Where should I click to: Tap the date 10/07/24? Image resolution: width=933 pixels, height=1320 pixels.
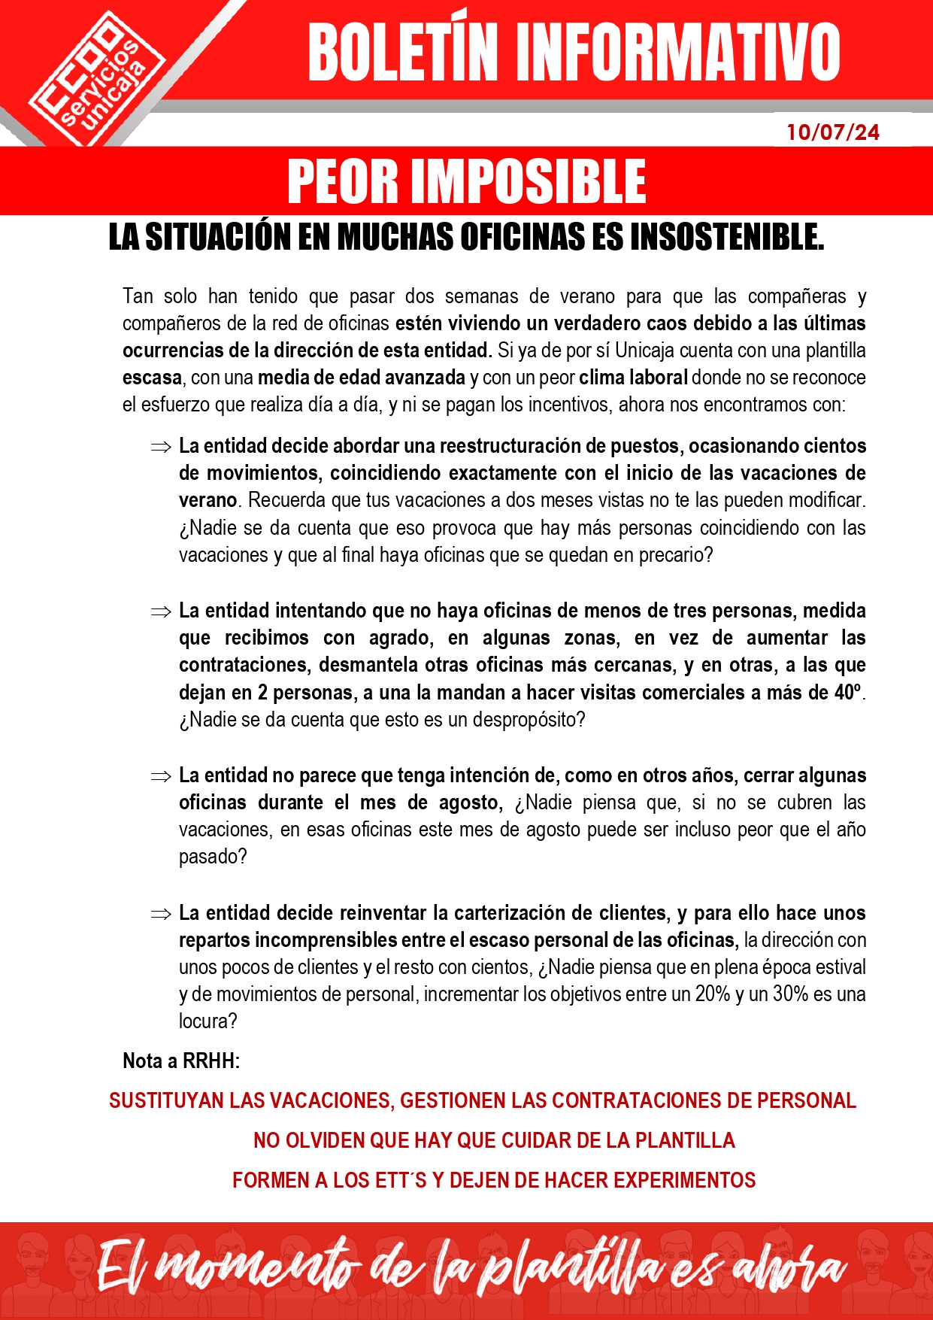pyautogui.click(x=833, y=132)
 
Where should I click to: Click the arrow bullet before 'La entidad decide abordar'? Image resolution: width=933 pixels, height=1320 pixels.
pyautogui.click(x=161, y=448)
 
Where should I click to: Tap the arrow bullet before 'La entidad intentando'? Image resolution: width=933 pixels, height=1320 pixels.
pyautogui.click(x=161, y=612)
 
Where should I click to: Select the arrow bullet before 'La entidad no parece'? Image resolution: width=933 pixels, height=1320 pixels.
pyautogui.click(x=161, y=777)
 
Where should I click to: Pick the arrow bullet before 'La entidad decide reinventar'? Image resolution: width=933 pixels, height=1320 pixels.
pyautogui.click(x=161, y=915)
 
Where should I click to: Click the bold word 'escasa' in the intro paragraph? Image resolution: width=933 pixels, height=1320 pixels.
pyautogui.click(x=152, y=378)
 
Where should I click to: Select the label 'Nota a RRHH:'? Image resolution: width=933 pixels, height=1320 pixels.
pyautogui.click(x=181, y=1061)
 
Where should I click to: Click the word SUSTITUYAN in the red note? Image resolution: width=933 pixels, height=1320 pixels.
pyautogui.click(x=166, y=1101)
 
